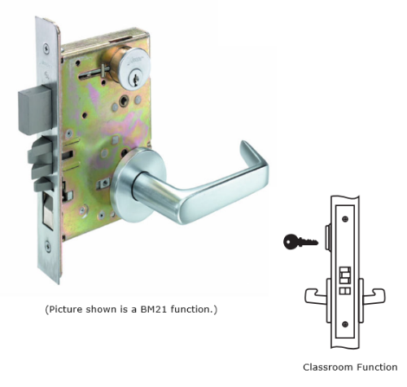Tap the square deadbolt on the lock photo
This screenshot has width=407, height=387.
tap(35, 111)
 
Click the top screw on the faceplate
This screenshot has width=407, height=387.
tap(46, 49)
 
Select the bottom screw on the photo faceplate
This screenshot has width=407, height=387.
tap(48, 247)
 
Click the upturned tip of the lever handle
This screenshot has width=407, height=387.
tap(245, 148)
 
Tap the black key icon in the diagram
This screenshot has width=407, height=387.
tap(300, 241)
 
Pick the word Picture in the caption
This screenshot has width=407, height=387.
tap(66, 310)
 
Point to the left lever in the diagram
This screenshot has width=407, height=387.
tap(316, 297)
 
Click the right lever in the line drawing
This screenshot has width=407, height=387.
tap(374, 297)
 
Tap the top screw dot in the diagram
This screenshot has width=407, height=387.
tap(345, 219)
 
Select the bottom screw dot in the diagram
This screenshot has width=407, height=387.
tap(345, 324)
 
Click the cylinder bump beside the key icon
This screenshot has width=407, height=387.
tap(328, 237)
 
